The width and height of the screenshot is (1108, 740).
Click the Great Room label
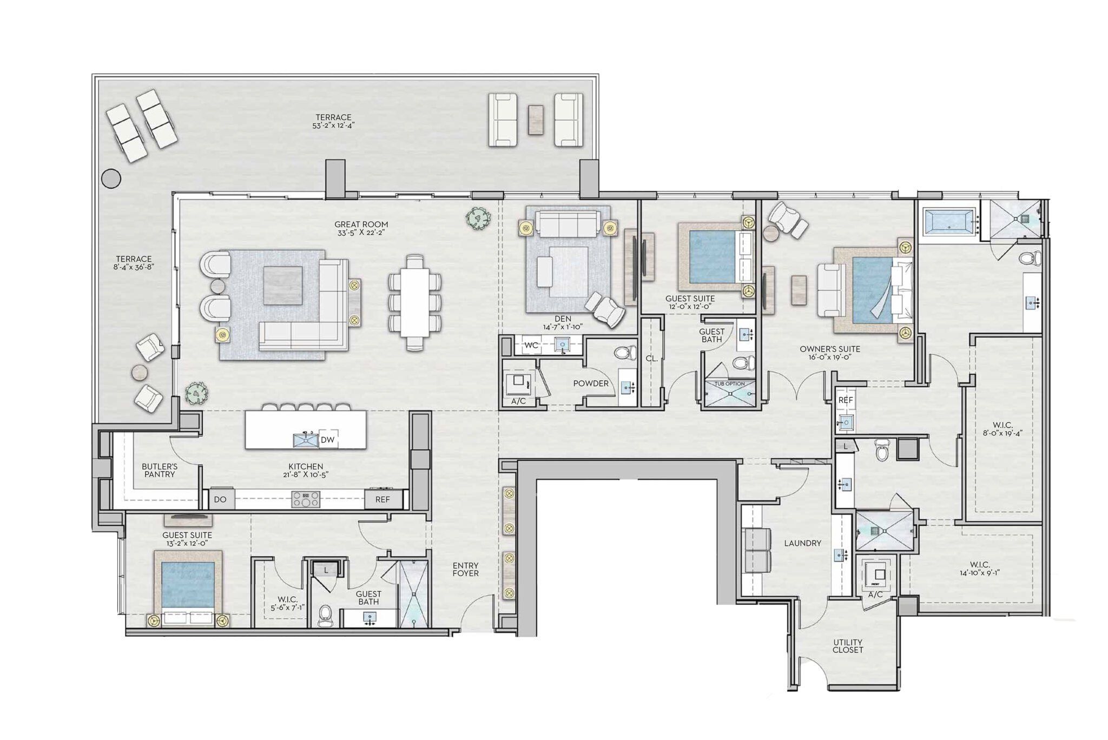tap(361, 228)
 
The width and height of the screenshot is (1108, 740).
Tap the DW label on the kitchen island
tap(327, 440)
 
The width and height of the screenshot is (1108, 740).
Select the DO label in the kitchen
tap(220, 499)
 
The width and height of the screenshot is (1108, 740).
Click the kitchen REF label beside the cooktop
tap(382, 499)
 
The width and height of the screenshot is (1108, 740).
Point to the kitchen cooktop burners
tap(306, 499)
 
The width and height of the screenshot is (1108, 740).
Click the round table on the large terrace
tap(112, 178)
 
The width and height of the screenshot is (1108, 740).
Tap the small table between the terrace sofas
tap(536, 119)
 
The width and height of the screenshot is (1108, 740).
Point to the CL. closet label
tap(651, 358)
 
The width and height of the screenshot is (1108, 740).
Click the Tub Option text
tap(729, 384)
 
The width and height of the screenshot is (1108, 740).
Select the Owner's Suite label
tap(829, 353)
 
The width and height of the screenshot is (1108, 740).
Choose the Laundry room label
tap(802, 543)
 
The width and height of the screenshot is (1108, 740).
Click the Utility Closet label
tap(848, 646)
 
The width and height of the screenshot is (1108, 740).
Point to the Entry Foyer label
tap(465, 569)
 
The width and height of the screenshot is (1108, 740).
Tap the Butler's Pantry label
tap(160, 470)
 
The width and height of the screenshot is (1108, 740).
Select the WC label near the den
tap(531, 345)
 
